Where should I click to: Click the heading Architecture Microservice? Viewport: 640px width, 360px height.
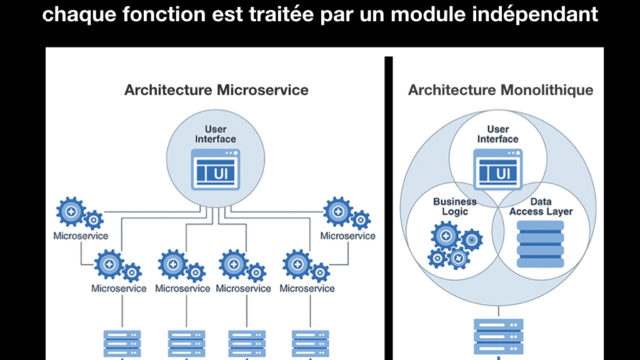point(216,90)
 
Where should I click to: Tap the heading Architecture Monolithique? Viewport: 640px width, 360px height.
point(500,90)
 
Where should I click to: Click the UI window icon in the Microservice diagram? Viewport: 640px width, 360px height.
point(216,171)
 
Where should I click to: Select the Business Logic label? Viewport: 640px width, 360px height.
point(454,207)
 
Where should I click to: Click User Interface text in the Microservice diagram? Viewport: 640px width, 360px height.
point(216,135)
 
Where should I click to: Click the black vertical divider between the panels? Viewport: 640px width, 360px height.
point(389,200)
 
